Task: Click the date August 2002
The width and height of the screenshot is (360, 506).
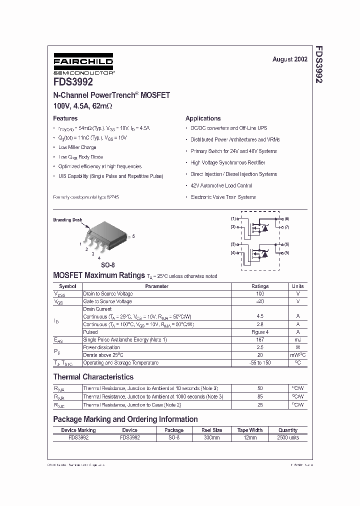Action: coord(289,59)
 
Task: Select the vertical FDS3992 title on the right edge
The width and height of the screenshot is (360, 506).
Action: coord(318,65)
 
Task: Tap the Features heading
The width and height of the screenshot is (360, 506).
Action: coord(65,118)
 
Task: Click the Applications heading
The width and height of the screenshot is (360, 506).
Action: coord(203,118)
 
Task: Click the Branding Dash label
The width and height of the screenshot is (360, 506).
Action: coord(67,219)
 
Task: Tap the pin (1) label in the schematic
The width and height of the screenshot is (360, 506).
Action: coord(233,219)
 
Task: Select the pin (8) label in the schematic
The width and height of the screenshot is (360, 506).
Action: coord(287,219)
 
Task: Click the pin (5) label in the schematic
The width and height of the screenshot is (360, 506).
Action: coord(287,252)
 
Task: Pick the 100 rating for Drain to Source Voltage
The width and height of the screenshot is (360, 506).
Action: coord(260,294)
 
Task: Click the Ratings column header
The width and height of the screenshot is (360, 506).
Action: coord(260,286)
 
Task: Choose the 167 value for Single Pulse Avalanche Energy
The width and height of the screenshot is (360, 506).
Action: coord(260,339)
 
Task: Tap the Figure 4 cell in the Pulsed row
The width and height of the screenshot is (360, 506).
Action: coord(260,332)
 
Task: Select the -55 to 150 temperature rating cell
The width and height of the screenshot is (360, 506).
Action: coord(260,362)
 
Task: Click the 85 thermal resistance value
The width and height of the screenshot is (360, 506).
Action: coord(260,396)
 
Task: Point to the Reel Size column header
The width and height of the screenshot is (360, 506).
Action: coord(211,430)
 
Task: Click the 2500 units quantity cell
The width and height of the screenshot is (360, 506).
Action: coord(288,437)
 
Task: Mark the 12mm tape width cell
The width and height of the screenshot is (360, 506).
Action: coord(250,437)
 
